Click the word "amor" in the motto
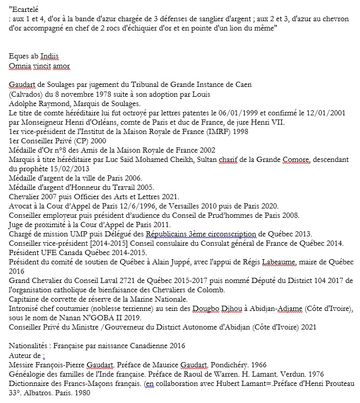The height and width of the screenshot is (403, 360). [x=60, y=66]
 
